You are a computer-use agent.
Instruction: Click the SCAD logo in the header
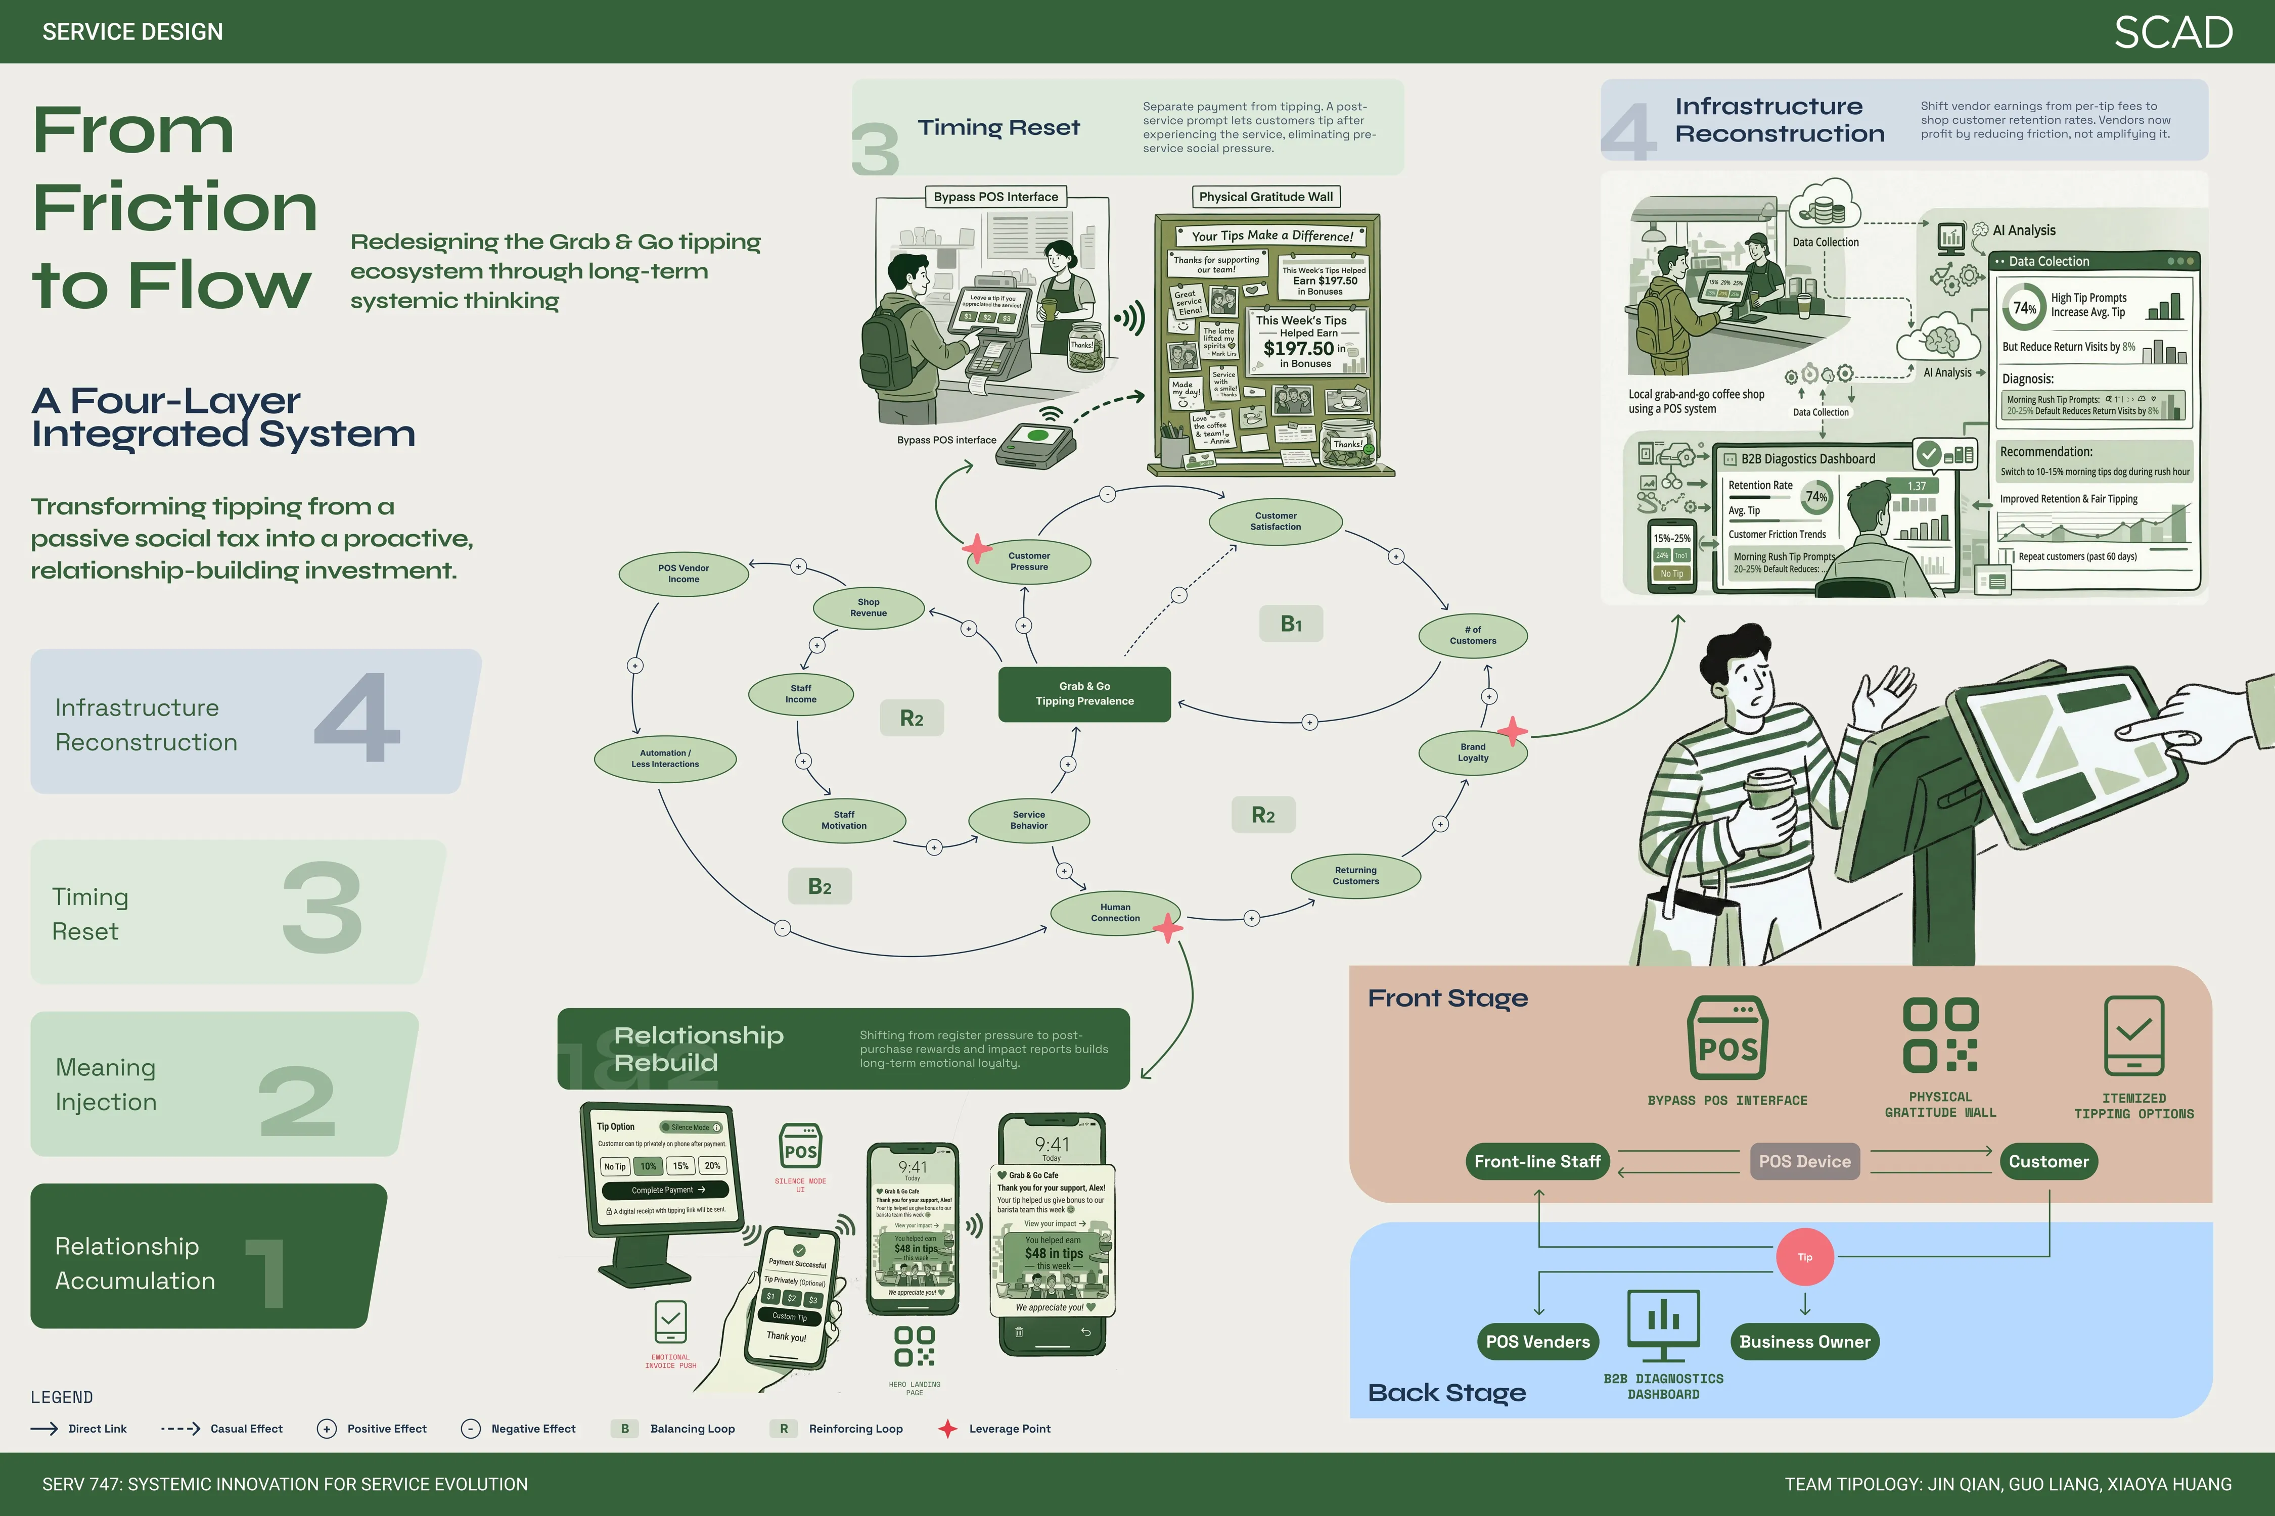(2172, 33)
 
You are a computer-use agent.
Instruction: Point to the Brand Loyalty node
(1472, 752)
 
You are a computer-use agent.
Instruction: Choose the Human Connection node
(1115, 913)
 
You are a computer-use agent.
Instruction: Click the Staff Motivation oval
(843, 820)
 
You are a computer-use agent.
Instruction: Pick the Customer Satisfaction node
(1275, 521)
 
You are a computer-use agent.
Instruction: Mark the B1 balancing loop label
(1290, 624)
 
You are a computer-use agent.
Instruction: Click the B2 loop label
(820, 886)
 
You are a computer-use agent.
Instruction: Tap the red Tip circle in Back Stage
(1804, 1257)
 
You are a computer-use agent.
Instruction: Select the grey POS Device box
(1804, 1161)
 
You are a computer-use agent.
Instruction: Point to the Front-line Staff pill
(1537, 1161)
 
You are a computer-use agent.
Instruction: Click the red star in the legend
(948, 1428)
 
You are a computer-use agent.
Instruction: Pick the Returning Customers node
(1355, 876)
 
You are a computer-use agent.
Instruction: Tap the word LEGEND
(62, 1397)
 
